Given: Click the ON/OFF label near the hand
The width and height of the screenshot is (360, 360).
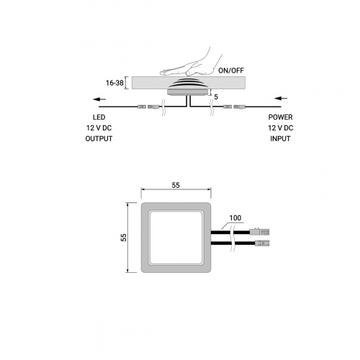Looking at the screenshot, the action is click(231, 71).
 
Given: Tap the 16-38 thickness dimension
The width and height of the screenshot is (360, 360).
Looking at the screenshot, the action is click(114, 83).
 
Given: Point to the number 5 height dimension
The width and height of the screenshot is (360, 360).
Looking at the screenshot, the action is click(216, 97).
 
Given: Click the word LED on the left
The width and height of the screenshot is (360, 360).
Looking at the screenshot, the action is click(99, 117).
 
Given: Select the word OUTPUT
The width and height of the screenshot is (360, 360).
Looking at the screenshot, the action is click(99, 139).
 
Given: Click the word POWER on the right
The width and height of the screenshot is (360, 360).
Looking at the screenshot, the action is click(280, 117).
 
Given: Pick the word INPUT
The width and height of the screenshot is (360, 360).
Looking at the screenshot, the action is click(280, 139).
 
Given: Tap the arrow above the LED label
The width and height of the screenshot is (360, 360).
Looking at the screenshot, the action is click(99, 99).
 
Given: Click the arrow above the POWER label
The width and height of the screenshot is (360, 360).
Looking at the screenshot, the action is click(281, 98).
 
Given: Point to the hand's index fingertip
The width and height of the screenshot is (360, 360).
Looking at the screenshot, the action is click(162, 72).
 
